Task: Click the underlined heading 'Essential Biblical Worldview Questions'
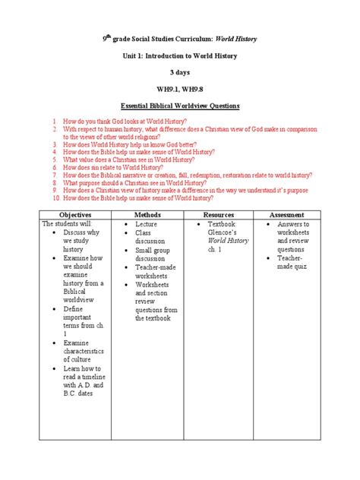click(x=180, y=107)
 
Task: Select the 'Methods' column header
click(x=147, y=216)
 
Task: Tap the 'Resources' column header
click(x=218, y=216)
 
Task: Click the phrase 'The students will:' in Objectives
click(x=68, y=225)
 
